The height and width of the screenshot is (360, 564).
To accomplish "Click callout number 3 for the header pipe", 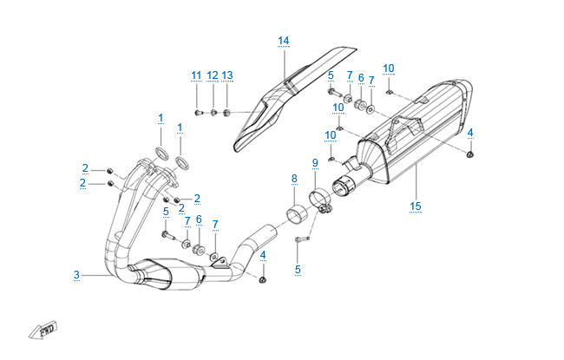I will pyautogui.click(x=76, y=275).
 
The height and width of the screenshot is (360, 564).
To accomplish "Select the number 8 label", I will pyautogui.click(x=294, y=178).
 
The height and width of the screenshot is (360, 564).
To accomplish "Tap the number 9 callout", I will pyautogui.click(x=315, y=162).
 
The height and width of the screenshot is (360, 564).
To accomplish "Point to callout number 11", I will pyautogui.click(x=196, y=75).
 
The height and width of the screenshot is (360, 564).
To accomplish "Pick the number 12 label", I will pyautogui.click(x=213, y=75).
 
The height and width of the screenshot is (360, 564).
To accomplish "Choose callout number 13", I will pyautogui.click(x=227, y=75).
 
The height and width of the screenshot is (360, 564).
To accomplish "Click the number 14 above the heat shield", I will pyautogui.click(x=284, y=41).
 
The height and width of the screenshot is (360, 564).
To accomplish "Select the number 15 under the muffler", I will pyautogui.click(x=415, y=206).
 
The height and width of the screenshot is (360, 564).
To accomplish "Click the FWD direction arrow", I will pyautogui.click(x=43, y=331).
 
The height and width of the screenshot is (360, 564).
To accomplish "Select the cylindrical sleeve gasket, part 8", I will pyautogui.click(x=298, y=213).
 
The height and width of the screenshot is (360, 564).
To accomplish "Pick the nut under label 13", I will pyautogui.click(x=227, y=112).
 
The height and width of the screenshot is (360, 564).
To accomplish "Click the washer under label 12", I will pyautogui.click(x=213, y=112).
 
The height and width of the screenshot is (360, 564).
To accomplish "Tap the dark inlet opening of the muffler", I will pyautogui.click(x=345, y=184).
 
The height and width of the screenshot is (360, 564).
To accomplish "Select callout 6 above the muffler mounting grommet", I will pyautogui.click(x=361, y=77).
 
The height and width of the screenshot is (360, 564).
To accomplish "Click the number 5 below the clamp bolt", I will pyautogui.click(x=298, y=269).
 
